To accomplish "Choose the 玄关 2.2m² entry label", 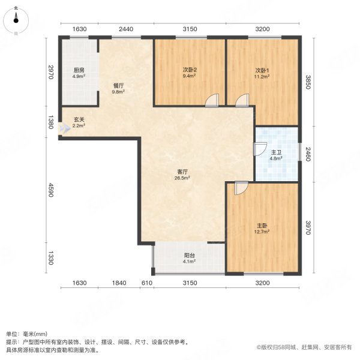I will [79, 123].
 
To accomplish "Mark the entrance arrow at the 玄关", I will [64, 127].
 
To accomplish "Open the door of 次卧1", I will [242, 101].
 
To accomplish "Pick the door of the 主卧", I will [241, 188].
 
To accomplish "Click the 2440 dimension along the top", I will [125, 29].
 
